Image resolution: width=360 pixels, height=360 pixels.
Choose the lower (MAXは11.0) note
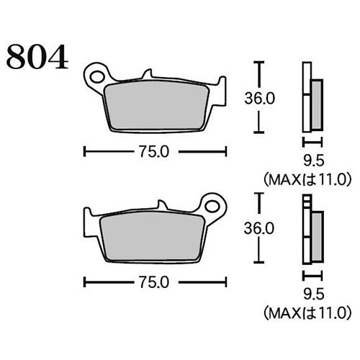[307, 311]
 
